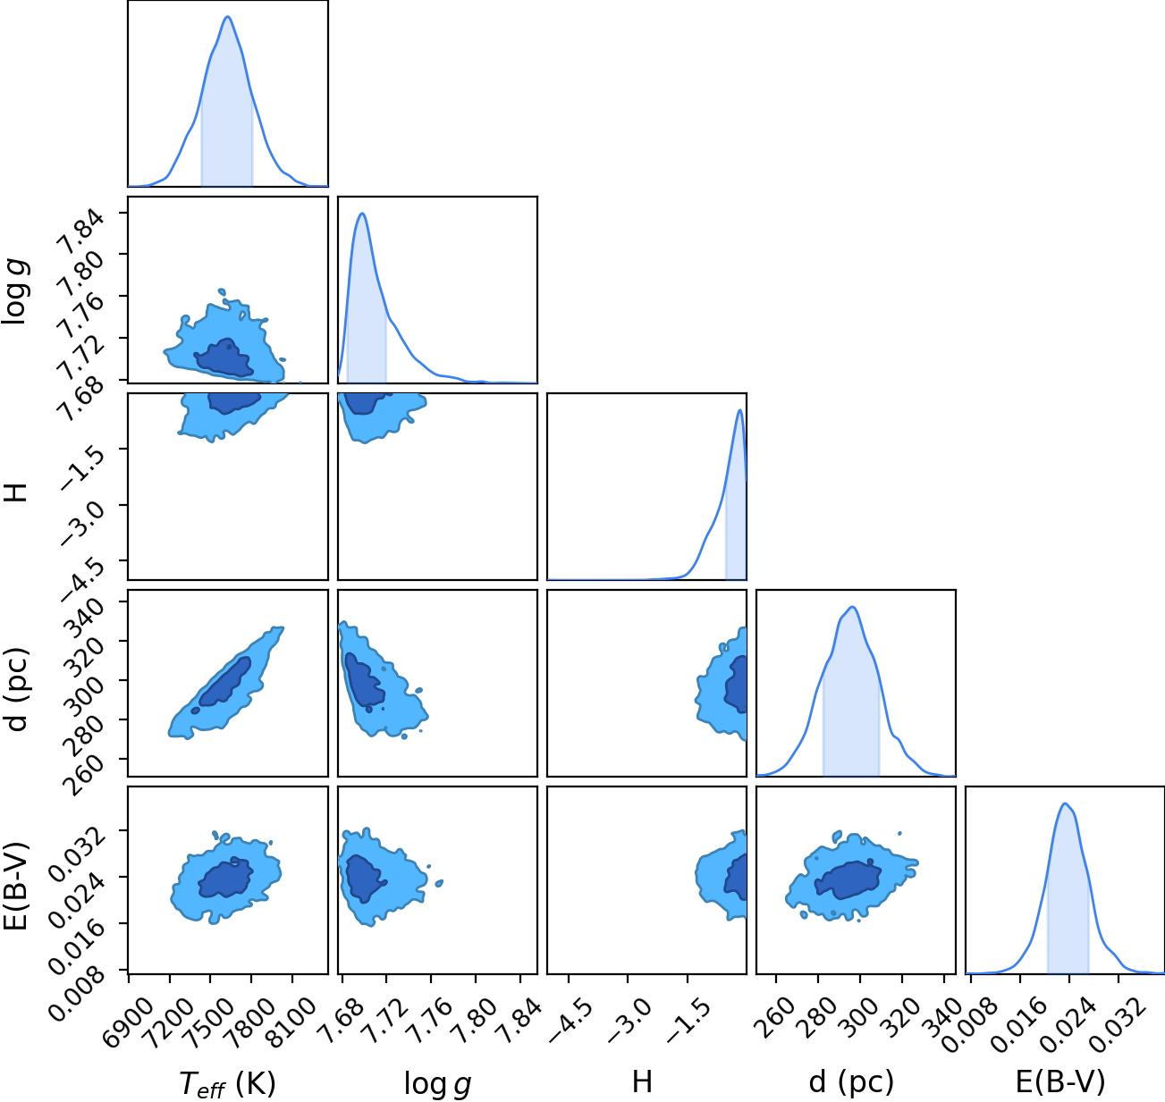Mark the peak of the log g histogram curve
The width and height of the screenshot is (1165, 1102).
point(362,214)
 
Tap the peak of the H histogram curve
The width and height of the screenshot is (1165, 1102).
point(739,409)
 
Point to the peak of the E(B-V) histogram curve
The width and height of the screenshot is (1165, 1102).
point(1065,803)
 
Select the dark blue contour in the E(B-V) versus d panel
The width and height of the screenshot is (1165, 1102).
point(848,879)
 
